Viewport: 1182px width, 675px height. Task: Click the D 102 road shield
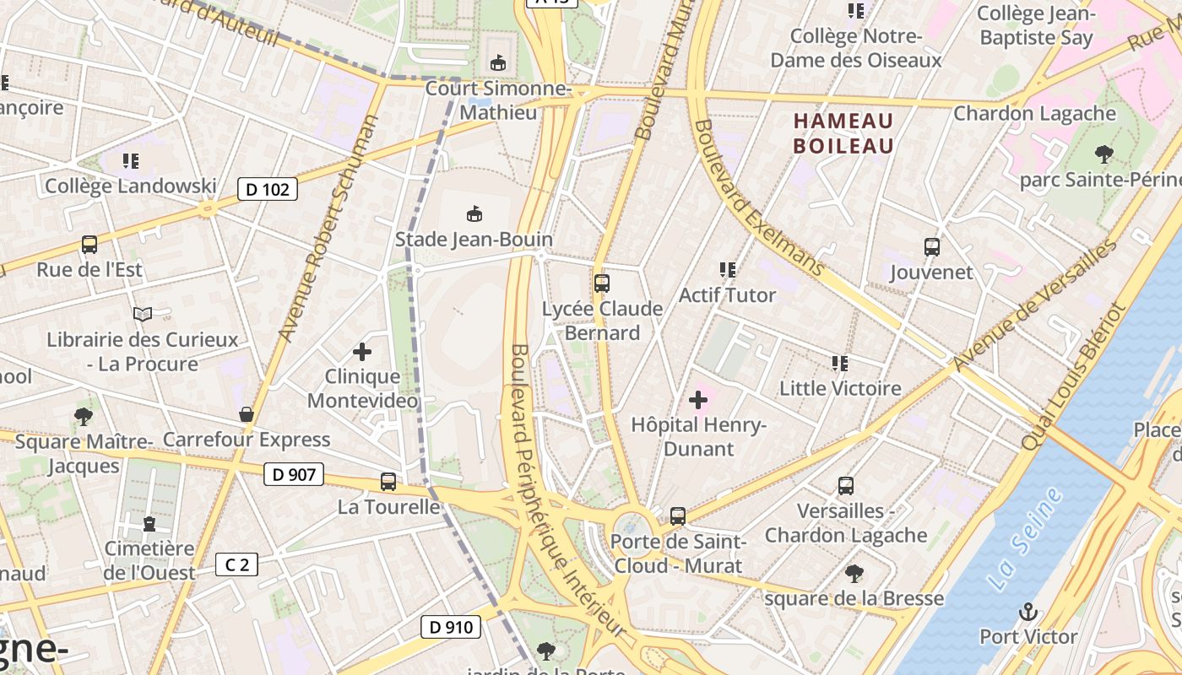click(268, 189)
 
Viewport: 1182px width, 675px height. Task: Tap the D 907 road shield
click(294, 474)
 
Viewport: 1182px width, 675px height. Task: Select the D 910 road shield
click(451, 627)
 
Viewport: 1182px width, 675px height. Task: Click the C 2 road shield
click(236, 564)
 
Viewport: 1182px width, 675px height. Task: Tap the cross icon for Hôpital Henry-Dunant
click(698, 399)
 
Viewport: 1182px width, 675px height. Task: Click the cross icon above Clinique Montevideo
click(362, 351)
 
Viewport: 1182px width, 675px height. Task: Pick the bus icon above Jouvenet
click(931, 247)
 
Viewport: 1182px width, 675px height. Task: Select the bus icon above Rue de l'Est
click(89, 245)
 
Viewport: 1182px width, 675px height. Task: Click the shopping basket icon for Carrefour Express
click(247, 414)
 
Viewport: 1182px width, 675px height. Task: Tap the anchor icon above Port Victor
click(1027, 612)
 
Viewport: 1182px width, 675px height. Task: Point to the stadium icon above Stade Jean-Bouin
click(474, 214)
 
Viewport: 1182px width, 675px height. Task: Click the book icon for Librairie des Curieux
click(143, 315)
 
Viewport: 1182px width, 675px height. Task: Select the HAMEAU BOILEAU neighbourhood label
click(843, 133)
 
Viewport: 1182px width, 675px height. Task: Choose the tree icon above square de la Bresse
click(854, 574)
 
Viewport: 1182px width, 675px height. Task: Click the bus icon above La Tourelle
click(388, 482)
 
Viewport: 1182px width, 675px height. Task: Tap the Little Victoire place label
click(839, 388)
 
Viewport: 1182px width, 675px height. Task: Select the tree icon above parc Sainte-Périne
click(1103, 154)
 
